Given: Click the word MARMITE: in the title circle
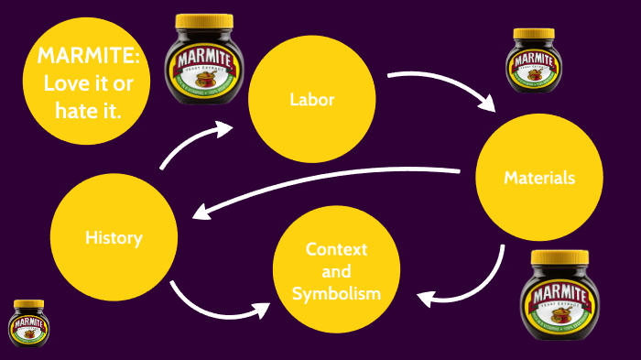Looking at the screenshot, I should click(89, 55).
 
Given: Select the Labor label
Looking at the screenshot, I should click(311, 100).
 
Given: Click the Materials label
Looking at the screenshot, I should click(539, 178).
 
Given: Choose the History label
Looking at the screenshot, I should click(114, 237).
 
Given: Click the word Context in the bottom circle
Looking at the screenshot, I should click(336, 249).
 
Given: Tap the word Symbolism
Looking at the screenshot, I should click(336, 293).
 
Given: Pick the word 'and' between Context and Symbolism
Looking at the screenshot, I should click(336, 271).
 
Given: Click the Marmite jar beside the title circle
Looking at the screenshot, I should click(204, 61).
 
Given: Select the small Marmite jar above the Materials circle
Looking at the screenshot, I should click(534, 61).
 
